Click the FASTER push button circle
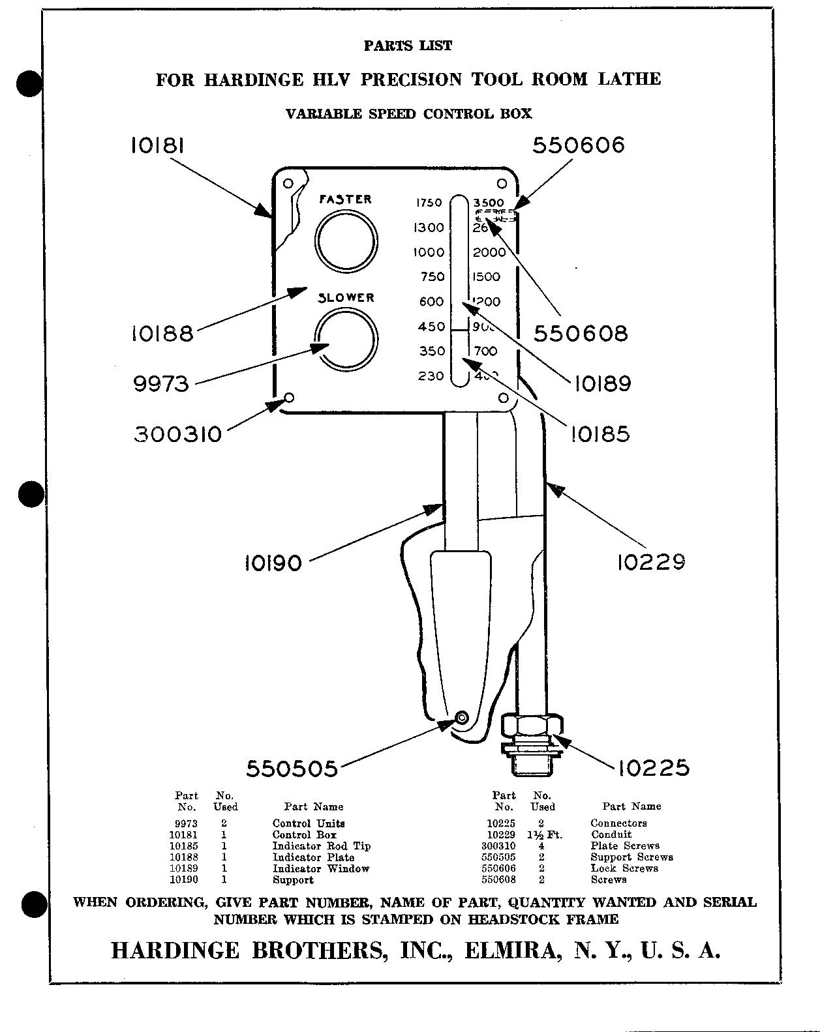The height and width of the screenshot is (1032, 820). pos(345,241)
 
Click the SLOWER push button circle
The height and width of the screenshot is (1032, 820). pos(345,339)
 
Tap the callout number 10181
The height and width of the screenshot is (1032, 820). pos(157,145)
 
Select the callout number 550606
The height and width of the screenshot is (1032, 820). pos(579,145)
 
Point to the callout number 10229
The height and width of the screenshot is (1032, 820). pos(651,561)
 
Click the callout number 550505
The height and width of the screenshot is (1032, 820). pos(292,769)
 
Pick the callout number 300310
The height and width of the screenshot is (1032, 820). pos(178,434)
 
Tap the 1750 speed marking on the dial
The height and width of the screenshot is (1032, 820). pos(429,203)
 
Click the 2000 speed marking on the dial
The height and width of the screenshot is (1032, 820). pos(489,253)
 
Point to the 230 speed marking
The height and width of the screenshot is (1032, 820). pos(431,376)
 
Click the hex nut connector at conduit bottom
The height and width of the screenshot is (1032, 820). pos(532,725)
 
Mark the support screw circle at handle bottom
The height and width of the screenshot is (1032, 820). pos(462,718)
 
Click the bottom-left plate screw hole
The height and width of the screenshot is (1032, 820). pos(289,398)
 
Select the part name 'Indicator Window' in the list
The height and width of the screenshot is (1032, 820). pos(321,868)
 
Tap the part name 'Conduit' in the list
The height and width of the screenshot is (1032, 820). pos(611,834)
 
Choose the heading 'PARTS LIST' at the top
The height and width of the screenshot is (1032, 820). pos(408,46)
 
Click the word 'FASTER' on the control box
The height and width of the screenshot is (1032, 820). pos(345,199)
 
